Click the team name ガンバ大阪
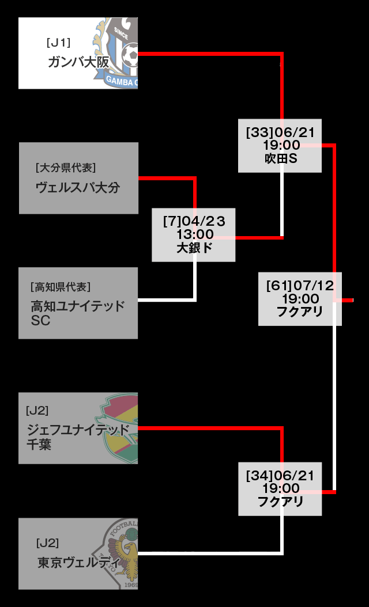(78, 62)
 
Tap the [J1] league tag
(58, 42)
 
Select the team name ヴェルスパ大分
(78, 187)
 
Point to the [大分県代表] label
(65, 168)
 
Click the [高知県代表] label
(61, 287)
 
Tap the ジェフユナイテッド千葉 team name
(78, 437)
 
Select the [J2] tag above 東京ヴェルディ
(47, 542)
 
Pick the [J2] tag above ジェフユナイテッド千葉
(37, 411)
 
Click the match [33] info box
(280, 145)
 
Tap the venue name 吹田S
(280, 158)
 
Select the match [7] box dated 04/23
(194, 235)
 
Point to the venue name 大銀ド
(194, 248)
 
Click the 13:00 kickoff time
(195, 234)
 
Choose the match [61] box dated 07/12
(300, 298)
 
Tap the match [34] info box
(280, 488)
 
